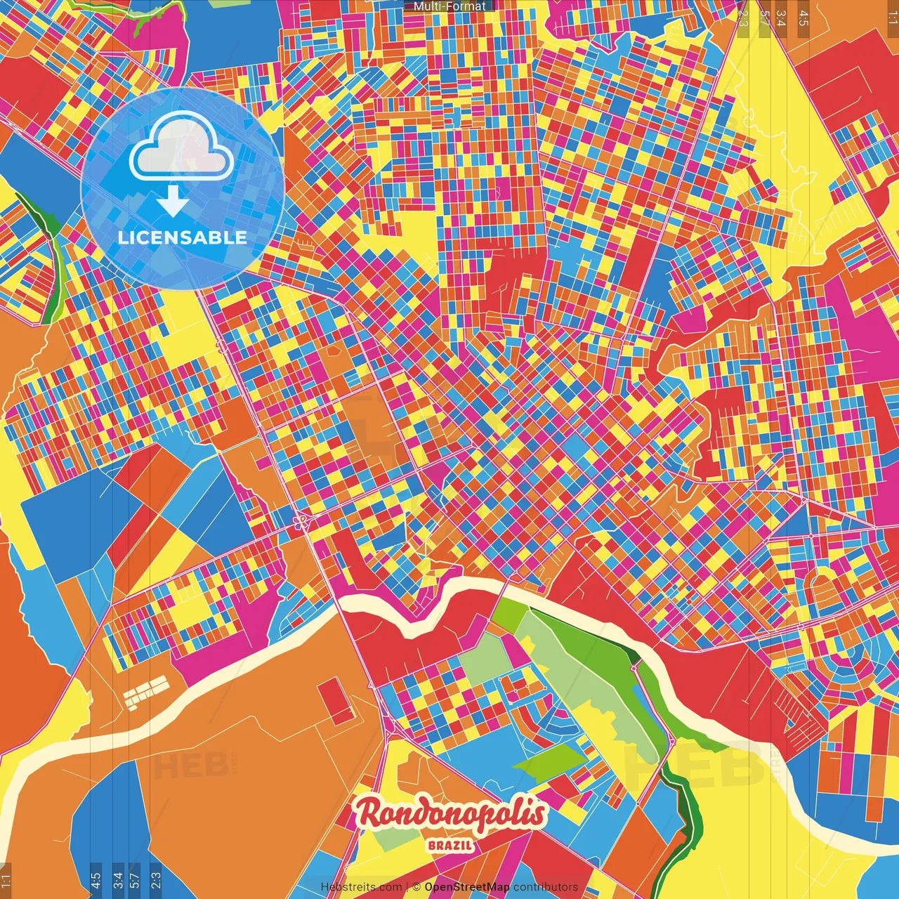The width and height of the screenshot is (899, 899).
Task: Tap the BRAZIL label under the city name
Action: pyautogui.click(x=450, y=846)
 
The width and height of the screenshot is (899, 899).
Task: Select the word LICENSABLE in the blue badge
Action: pyautogui.click(x=183, y=237)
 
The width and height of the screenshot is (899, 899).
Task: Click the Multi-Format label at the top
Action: pyautogui.click(x=449, y=6)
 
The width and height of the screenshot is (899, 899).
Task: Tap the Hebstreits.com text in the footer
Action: pyautogui.click(x=362, y=887)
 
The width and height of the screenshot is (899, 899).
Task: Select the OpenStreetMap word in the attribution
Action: pyautogui.click(x=467, y=887)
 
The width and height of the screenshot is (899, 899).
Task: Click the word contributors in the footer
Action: pyautogui.click(x=546, y=887)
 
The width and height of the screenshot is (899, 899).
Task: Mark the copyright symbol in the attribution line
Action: pyautogui.click(x=416, y=887)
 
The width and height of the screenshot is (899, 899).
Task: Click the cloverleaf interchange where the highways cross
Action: pyautogui.click(x=301, y=521)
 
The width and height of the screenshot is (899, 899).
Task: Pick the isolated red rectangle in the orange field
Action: pyautogui.click(x=336, y=701)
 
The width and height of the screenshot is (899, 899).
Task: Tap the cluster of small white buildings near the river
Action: pyautogui.click(x=146, y=691)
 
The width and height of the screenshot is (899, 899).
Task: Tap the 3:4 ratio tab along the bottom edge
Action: pyautogui.click(x=118, y=881)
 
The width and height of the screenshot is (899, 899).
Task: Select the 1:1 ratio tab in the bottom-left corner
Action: pyautogui.click(x=6, y=881)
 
